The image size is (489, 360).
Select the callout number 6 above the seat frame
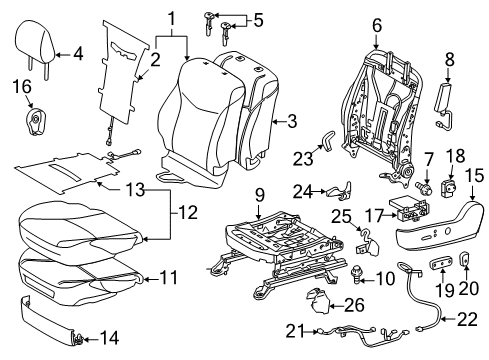coord(376,22)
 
